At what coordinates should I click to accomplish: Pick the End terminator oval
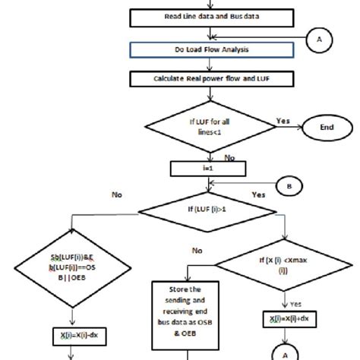(327, 128)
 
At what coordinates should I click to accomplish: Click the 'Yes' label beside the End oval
(283, 120)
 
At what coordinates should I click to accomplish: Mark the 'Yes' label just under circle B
(258, 195)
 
